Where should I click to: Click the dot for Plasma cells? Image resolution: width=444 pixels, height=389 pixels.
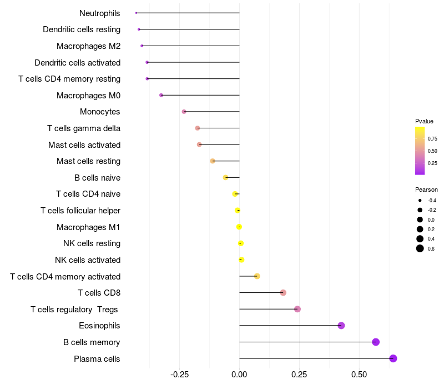(393, 358)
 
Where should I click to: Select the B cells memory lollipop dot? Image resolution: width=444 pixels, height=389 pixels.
(376, 342)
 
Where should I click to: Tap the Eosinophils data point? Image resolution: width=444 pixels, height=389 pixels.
(341, 326)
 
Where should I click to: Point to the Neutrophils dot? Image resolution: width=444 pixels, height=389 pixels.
(136, 13)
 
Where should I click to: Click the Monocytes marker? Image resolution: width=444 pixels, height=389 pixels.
(184, 112)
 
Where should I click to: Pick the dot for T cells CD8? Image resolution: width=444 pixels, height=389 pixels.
(283, 293)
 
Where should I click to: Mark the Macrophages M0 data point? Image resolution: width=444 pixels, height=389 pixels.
(161, 95)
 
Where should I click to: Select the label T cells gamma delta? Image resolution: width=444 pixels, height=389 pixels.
(84, 128)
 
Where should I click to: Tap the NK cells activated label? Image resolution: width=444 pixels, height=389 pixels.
(88, 260)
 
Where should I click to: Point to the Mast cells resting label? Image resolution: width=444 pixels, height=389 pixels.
(88, 161)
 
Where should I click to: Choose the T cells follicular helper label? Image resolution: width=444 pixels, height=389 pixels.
(80, 211)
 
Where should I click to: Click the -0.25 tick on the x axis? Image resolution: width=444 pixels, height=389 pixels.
(179, 375)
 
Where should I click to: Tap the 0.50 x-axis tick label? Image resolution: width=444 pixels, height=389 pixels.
(359, 375)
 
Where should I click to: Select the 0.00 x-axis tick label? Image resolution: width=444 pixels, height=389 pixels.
(239, 375)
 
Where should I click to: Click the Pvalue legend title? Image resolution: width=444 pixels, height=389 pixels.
(424, 121)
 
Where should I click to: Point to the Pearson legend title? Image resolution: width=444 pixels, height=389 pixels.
(426, 189)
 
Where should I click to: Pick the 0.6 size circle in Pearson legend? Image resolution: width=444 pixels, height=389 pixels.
(420, 248)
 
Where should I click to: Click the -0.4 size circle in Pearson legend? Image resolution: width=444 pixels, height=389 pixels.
(420, 200)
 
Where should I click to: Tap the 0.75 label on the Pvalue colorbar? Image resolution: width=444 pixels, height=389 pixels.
(432, 138)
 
